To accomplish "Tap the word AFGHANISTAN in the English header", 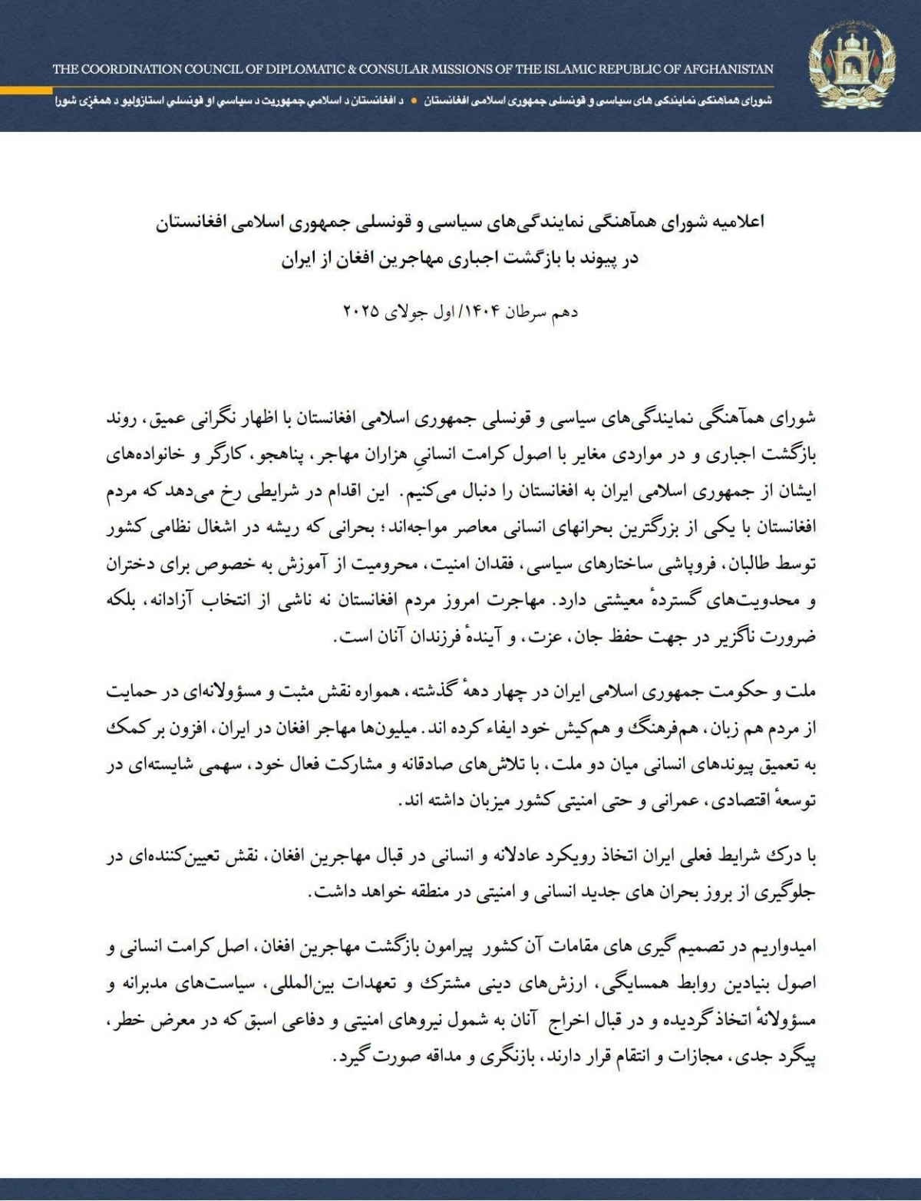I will pos(727,70).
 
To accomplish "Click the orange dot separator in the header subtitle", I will pos(414,101).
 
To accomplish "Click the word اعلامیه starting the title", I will pos(741,223).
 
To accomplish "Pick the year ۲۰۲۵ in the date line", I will pos(363,312).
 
